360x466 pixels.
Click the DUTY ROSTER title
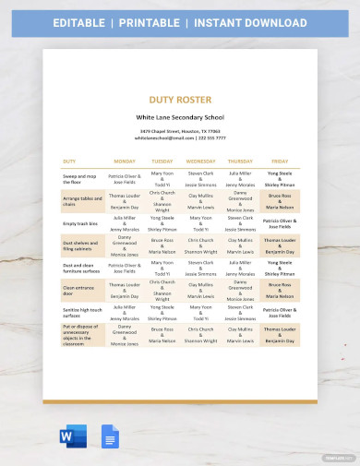179,99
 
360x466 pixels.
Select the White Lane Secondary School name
179,118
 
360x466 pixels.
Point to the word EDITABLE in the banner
84,22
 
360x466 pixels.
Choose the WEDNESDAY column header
200,160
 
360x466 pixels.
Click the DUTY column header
69,160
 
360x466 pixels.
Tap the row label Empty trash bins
80,222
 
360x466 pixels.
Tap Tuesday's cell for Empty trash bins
162,222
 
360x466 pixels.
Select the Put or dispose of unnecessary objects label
80,337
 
